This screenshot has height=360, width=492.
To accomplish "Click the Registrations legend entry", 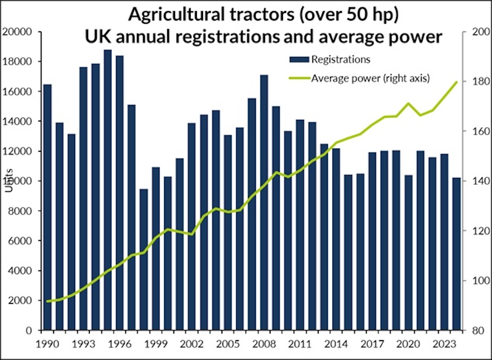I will (x=340, y=59).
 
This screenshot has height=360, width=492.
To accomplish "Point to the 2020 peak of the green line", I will (x=408, y=103).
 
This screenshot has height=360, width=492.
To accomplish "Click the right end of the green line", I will (x=456, y=82).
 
